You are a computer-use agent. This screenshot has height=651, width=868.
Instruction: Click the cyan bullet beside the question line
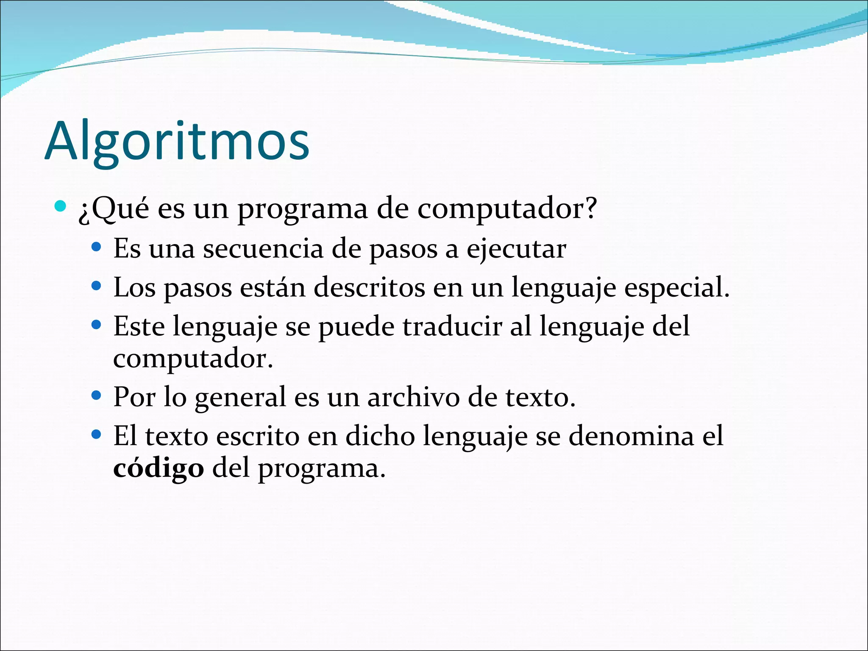pyautogui.click(x=61, y=206)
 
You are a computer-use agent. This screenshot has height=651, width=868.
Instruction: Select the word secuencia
pyautogui.click(x=263, y=249)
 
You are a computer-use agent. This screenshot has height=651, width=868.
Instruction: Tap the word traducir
pyautogui.click(x=452, y=327)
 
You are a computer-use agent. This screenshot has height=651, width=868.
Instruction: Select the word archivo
pyautogui.click(x=413, y=398)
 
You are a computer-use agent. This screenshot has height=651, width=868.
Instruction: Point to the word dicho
pyautogui.click(x=380, y=436)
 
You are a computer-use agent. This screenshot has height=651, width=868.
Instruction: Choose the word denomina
pyautogui.click(x=631, y=436)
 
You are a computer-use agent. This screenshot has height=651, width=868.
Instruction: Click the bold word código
pyautogui.click(x=159, y=469)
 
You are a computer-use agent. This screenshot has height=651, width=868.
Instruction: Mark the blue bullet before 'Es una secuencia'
pyautogui.click(x=97, y=247)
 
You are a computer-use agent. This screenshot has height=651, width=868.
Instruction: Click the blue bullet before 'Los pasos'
pyautogui.click(x=97, y=286)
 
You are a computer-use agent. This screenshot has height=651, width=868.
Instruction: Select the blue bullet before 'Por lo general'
pyautogui.click(x=97, y=396)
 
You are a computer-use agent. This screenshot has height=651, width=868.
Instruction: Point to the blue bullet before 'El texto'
pyautogui.click(x=97, y=434)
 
